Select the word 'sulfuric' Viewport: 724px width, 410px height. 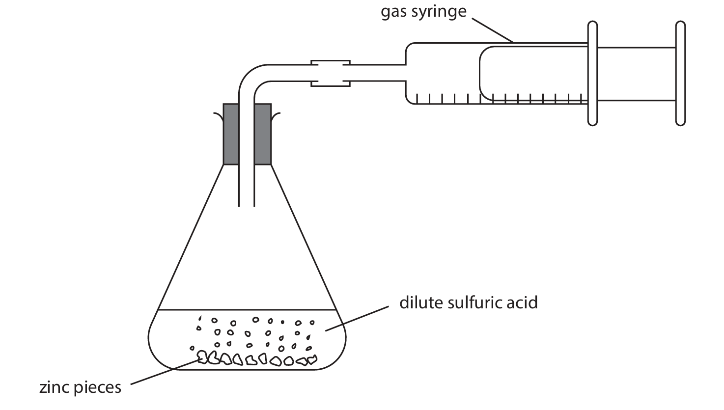pyautogui.click(x=475, y=302)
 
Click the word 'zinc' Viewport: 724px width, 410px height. pyautogui.click(x=55, y=388)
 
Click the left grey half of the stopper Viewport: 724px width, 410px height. pyautogui.click(x=231, y=134)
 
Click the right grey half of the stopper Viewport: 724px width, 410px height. pyautogui.click(x=263, y=134)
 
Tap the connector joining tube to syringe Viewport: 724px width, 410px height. pyautogui.click(x=330, y=73)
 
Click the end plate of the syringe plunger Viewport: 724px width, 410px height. pyautogui.click(x=680, y=73)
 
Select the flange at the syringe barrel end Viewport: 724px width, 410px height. pyautogui.click(x=593, y=73)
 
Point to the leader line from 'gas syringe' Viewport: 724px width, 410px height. pyautogui.click(x=493, y=30)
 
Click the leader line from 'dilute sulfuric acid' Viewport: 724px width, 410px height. pyautogui.click(x=355, y=319)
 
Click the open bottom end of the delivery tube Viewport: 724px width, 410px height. pyautogui.click(x=247, y=204)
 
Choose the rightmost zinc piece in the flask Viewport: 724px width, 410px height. pyautogui.click(x=311, y=360)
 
